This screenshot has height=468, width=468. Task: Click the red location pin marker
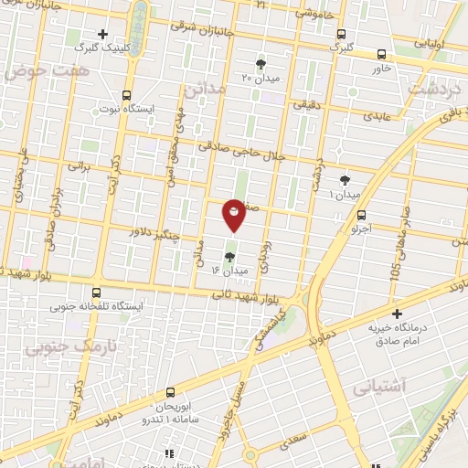pyautogui.click(x=235, y=214)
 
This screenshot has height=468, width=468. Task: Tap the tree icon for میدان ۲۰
pyautogui.click(x=261, y=63)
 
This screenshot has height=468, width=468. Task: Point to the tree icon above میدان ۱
pyautogui.click(x=345, y=180)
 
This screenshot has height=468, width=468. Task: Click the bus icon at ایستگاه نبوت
pyautogui.click(x=126, y=94)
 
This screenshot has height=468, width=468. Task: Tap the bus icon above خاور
pyautogui.click(x=381, y=54)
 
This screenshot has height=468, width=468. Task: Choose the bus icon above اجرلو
pyautogui.click(x=361, y=216)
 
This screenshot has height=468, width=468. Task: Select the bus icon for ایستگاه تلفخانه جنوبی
pyautogui.click(x=93, y=294)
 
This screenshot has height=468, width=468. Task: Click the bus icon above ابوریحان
pyautogui.click(x=170, y=390)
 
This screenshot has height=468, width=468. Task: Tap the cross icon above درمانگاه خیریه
pyautogui.click(x=397, y=314)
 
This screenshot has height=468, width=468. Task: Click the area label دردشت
pyautogui.click(x=431, y=90)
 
